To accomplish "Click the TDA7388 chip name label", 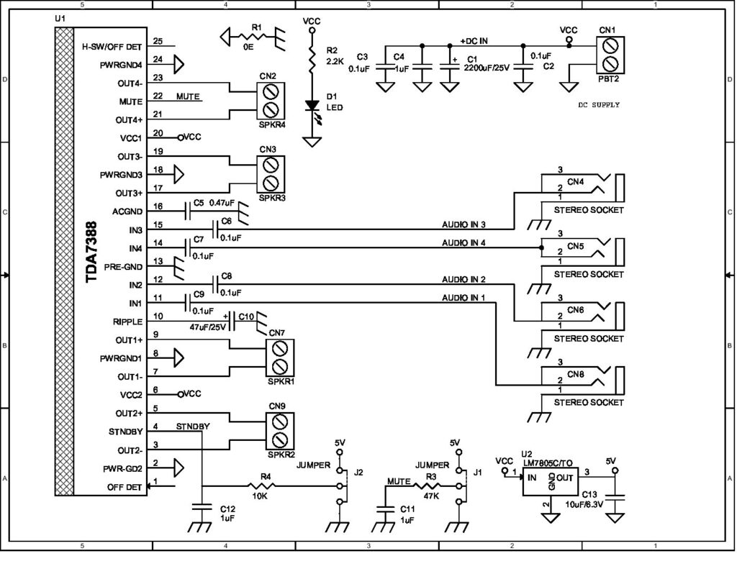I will [92, 263].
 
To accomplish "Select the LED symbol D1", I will [312, 105].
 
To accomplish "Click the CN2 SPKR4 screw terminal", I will [271, 100].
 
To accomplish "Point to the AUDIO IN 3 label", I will [464, 224].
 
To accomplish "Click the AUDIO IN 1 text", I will [464, 297].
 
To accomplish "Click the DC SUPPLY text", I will [599, 105].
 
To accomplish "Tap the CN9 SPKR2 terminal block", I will [281, 429].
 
